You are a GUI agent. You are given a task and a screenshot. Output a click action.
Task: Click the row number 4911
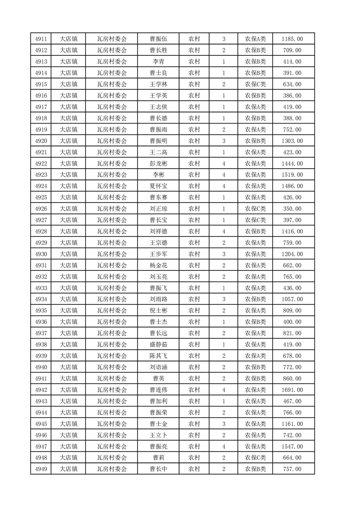[41, 39]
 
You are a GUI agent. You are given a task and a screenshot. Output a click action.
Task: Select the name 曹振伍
[158, 39]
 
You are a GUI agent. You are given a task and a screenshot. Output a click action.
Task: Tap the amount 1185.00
[292, 39]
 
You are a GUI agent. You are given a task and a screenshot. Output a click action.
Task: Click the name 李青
[158, 62]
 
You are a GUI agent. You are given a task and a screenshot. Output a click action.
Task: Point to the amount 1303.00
[292, 141]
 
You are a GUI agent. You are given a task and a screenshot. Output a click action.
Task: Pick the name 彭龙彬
[158, 163]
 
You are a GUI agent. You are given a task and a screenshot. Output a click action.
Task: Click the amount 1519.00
[292, 175]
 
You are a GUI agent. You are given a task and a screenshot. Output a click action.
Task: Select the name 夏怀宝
[158, 186]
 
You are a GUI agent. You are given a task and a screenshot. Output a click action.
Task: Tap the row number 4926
[41, 209]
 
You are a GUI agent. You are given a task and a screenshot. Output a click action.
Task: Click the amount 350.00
[292, 209]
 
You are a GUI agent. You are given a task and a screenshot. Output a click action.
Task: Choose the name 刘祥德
[158, 231]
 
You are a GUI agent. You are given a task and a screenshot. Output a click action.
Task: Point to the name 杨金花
[158, 265]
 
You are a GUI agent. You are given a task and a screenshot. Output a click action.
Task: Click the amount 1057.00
[292, 299]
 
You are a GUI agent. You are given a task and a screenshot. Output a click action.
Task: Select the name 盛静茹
[158, 344]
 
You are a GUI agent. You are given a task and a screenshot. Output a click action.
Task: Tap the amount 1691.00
[292, 390]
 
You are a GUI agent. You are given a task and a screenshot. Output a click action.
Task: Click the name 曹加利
[158, 401]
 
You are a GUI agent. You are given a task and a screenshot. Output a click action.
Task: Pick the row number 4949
[41, 469]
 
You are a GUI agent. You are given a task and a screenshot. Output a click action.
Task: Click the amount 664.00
[292, 458]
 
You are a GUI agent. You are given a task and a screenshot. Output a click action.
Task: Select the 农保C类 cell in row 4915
[256, 84]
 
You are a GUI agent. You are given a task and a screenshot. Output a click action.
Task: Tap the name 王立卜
[158, 435]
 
